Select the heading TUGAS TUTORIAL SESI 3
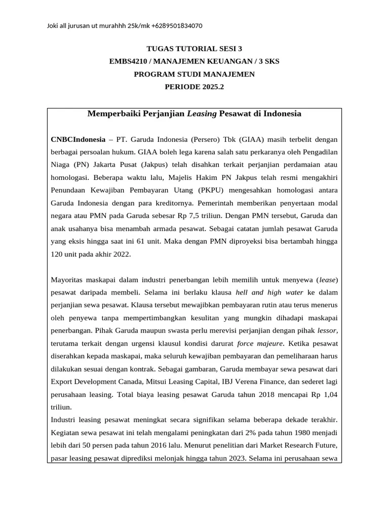click(x=194, y=49)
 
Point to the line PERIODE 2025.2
click(x=194, y=87)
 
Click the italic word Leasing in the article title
click(x=202, y=114)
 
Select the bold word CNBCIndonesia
click(x=78, y=139)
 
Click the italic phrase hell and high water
click(x=270, y=293)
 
